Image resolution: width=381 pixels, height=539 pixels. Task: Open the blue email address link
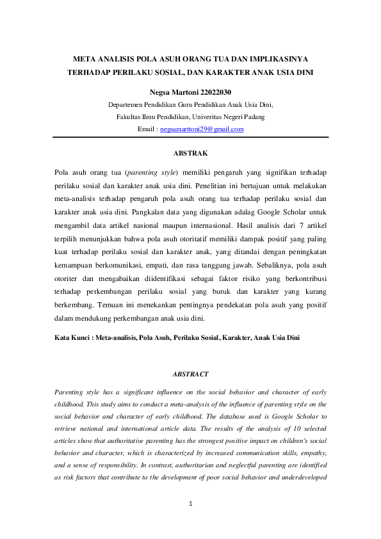click(202, 129)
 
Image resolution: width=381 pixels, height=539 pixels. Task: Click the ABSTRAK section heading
click(190, 154)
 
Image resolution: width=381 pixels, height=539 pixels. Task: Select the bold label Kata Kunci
click(71, 336)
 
